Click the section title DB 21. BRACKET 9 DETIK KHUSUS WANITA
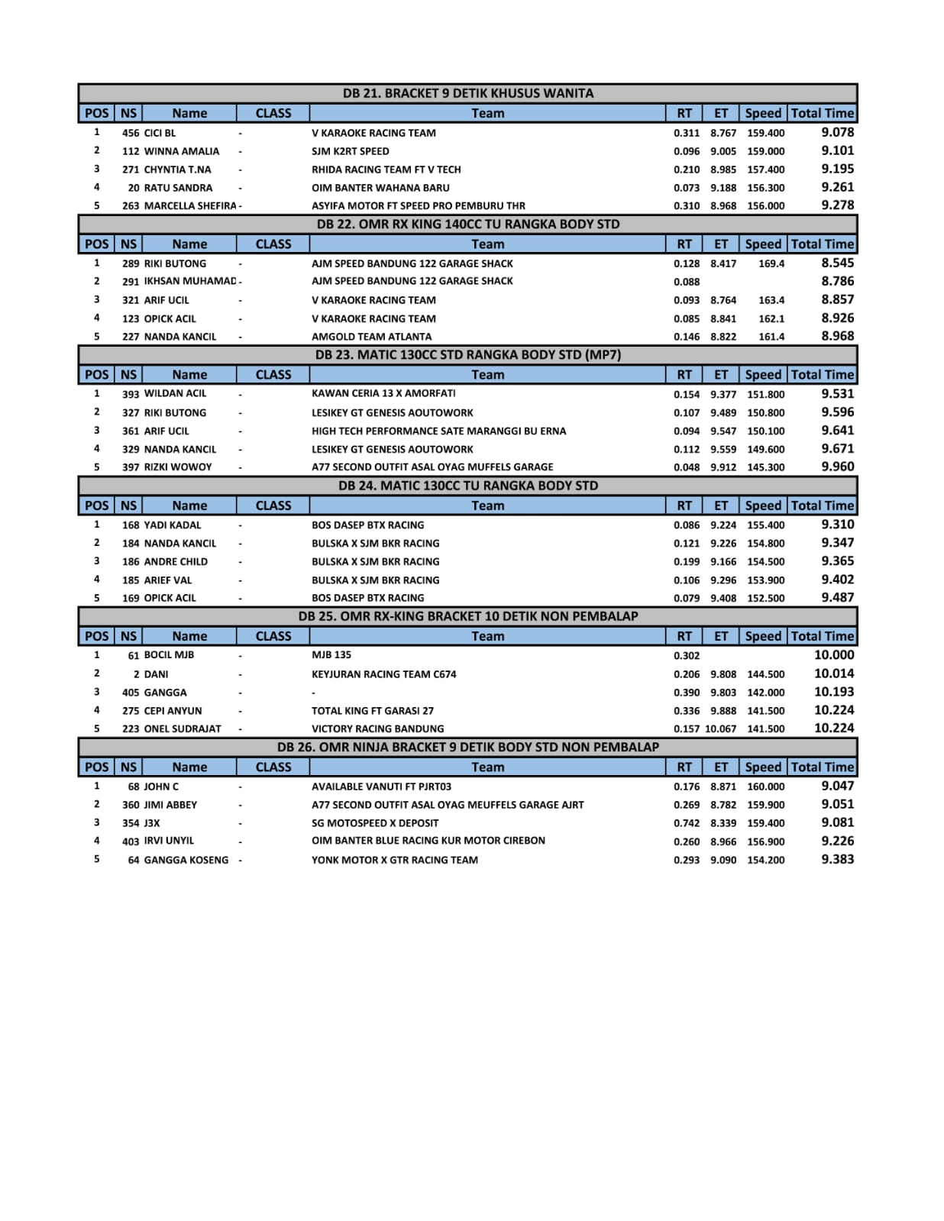[x=467, y=93]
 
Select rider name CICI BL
[x=160, y=133]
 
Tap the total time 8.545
[x=837, y=263]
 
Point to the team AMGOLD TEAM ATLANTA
[x=371, y=337]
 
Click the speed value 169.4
[x=771, y=263]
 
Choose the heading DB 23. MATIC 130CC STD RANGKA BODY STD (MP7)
[x=467, y=355]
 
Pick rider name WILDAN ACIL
[x=175, y=393]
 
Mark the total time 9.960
[x=837, y=467]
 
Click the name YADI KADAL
[x=173, y=525]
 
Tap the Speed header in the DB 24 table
[x=763, y=506]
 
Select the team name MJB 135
[x=331, y=655]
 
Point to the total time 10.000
[x=834, y=655]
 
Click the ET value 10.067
[x=721, y=729]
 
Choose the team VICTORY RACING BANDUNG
[x=377, y=729]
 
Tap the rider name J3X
[x=152, y=823]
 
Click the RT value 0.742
[x=686, y=823]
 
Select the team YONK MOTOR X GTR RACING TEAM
[x=394, y=860]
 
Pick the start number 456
[x=131, y=133]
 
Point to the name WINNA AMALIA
[x=181, y=151]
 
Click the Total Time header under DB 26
[x=822, y=767]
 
